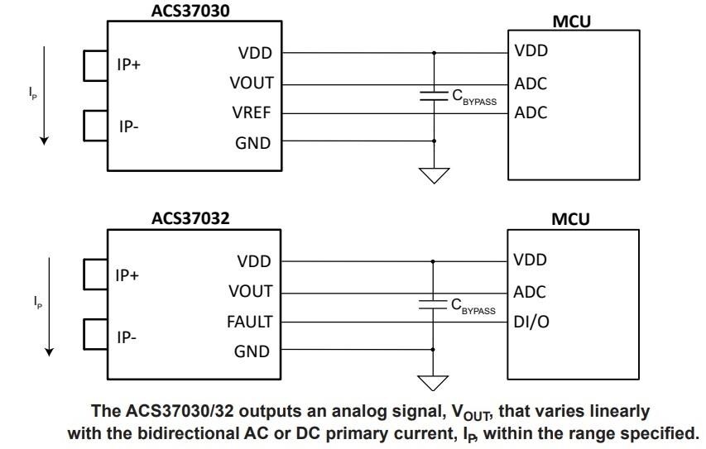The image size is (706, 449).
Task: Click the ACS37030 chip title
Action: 190,10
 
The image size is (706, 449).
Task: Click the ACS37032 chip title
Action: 190,218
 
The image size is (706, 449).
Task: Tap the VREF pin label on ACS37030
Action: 251,113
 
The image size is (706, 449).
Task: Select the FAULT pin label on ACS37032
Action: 249,322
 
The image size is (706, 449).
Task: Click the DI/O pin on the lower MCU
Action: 531,322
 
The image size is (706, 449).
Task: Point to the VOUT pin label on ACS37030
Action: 250,84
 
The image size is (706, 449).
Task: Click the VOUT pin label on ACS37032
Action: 250,292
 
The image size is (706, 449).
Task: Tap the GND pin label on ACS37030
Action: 252,143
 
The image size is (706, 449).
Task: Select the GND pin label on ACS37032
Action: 252,351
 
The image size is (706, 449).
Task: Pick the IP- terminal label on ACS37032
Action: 127,337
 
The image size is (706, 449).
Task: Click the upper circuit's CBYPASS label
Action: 473,97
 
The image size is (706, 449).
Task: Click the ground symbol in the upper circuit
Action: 434,174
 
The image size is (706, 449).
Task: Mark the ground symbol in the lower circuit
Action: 434,383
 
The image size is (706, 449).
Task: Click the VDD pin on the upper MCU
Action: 531,50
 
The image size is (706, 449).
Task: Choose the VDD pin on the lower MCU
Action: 531,260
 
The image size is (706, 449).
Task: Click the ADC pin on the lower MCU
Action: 531,292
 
